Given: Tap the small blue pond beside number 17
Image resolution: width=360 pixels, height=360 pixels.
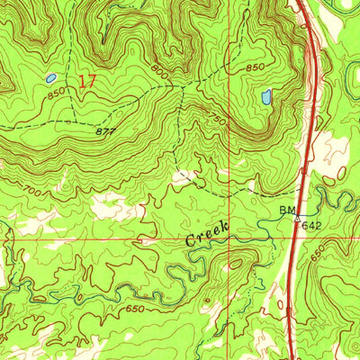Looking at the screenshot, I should pos(51,79).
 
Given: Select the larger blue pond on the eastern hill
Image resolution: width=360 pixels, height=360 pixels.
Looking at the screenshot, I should pos(265,96).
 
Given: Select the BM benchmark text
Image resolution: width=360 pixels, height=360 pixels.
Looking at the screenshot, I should pos(287,210).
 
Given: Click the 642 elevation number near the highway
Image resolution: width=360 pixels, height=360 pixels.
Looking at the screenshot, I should pos(311,225).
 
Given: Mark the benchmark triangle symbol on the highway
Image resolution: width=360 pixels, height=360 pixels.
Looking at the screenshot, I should pos(297,217).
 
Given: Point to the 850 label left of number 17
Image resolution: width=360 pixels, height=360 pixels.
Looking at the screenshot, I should pos(57,93).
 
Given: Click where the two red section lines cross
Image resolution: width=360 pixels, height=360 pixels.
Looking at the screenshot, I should pos(230,240).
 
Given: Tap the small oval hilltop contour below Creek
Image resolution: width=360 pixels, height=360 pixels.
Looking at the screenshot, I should pos(236,264).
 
